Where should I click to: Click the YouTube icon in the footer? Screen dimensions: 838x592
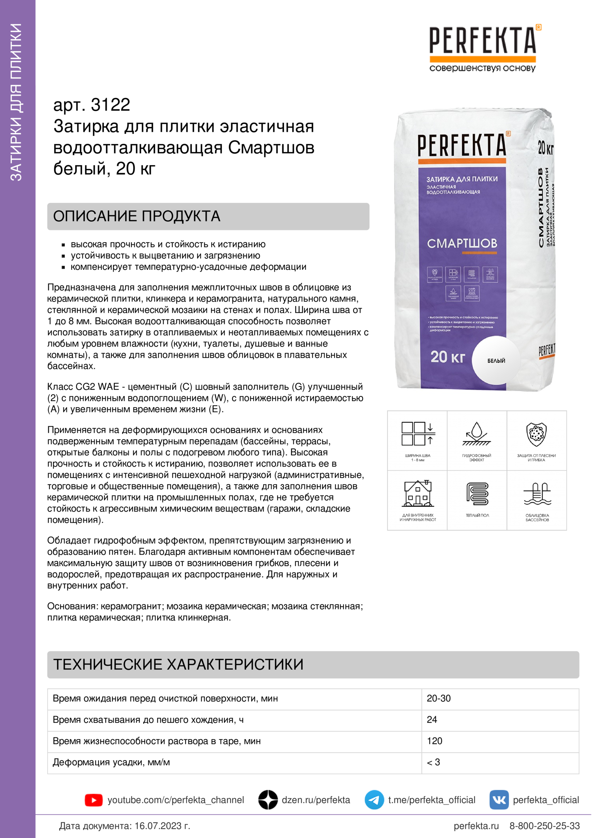click(x=93, y=800)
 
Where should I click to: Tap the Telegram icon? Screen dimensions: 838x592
click(x=374, y=800)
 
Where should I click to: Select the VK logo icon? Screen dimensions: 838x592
click(x=499, y=800)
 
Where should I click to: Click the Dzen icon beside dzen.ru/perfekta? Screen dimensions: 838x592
click(x=268, y=800)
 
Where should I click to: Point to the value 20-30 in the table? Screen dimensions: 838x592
click(x=438, y=699)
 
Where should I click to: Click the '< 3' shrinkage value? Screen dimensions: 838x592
click(x=433, y=762)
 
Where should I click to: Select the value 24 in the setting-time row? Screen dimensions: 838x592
click(x=432, y=720)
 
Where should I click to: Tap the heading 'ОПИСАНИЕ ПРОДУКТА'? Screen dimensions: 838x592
click(x=137, y=216)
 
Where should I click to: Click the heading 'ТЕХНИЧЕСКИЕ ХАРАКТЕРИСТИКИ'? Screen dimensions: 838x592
click(x=178, y=665)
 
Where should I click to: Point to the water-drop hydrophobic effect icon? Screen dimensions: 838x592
click(x=476, y=434)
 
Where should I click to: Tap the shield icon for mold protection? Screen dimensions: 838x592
click(x=536, y=434)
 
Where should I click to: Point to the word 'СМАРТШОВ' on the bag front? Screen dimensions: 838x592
click(x=462, y=243)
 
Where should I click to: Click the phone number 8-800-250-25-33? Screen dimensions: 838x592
click(x=544, y=826)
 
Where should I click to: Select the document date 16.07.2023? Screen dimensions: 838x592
click(x=162, y=826)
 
